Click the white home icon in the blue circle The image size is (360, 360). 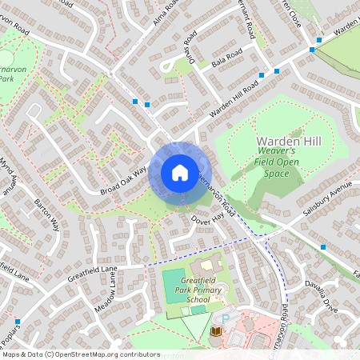click(179, 173)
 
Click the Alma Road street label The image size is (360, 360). click(164, 14)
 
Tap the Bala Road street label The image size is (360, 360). click(227, 56)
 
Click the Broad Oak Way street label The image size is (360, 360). click(124, 181)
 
